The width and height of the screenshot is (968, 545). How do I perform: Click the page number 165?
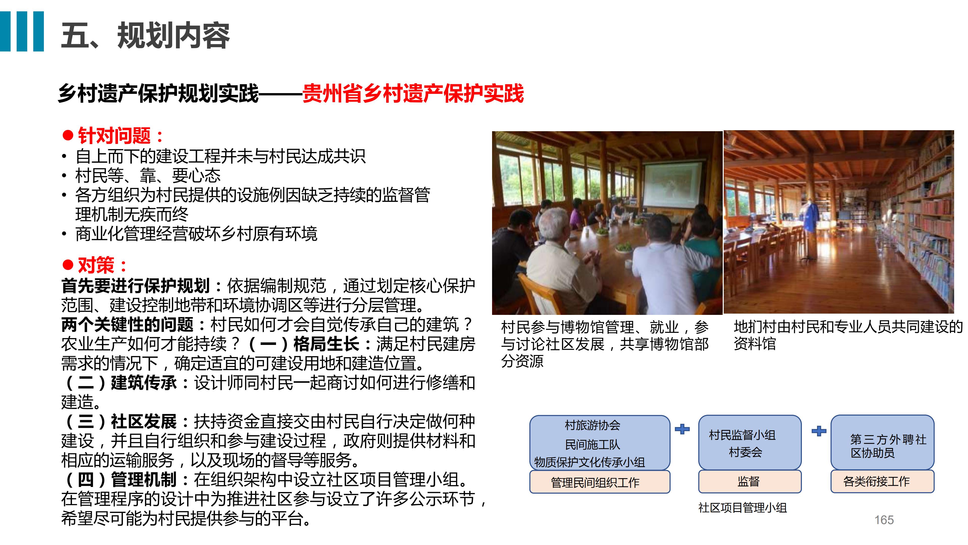point(884,520)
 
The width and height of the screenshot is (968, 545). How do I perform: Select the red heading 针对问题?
point(114,136)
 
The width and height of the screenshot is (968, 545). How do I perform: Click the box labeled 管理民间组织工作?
point(600,482)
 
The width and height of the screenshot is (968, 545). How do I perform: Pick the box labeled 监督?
point(750,481)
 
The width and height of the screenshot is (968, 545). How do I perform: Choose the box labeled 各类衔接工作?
point(882,481)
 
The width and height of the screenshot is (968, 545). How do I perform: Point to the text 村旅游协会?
point(592,425)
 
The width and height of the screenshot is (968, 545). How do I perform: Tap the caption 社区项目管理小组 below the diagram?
point(743,508)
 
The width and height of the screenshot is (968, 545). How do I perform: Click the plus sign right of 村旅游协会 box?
point(682,429)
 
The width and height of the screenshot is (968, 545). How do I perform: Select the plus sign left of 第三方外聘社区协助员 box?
point(819,431)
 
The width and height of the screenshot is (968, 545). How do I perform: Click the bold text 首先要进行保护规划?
point(136,286)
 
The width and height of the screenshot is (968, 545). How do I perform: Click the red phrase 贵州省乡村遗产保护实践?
point(413,93)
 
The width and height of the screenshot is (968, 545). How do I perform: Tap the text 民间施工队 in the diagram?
point(592,445)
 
